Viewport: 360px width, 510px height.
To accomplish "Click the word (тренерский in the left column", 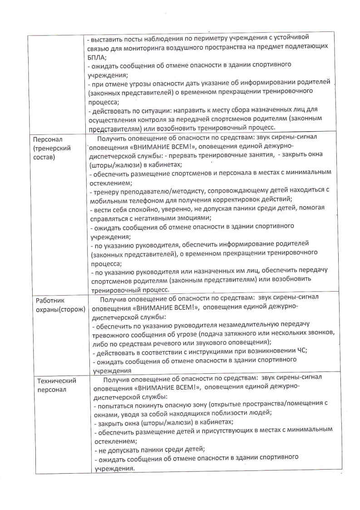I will [x=51, y=148].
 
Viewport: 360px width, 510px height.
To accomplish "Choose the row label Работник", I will [x=49, y=301].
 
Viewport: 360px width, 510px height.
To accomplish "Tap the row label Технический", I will [x=56, y=381].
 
